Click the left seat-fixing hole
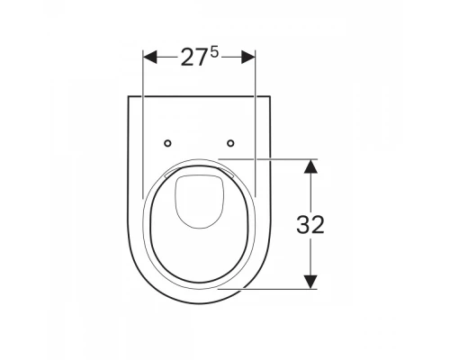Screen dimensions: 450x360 tap(168, 143)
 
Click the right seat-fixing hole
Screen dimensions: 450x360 tap(230, 143)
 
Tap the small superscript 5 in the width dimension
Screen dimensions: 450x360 tap(214, 53)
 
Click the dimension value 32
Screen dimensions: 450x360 tap(310, 224)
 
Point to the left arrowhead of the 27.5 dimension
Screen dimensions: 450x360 tap(149, 57)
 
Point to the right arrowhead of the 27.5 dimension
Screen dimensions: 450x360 tap(248, 57)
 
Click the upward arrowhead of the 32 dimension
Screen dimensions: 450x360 tap(310, 166)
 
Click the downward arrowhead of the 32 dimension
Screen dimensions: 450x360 tap(310, 282)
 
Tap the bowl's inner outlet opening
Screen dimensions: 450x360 tap(198, 201)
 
